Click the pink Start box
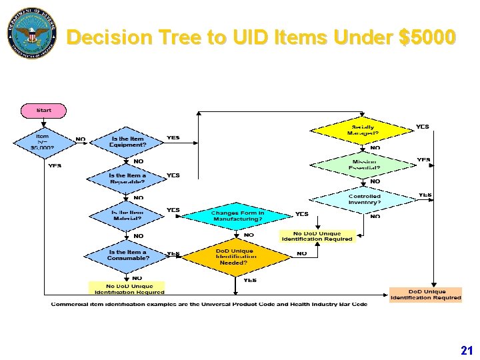tap(44, 110)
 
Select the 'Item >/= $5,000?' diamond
tap(42, 142)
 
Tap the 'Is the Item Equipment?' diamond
tap(127, 142)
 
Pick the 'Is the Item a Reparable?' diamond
tap(127, 179)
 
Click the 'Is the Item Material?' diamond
tap(127, 215)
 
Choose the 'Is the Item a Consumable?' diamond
tap(127, 255)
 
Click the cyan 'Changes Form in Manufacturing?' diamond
tap(237, 215)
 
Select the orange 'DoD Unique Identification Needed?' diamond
tap(236, 257)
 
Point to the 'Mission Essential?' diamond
tap(363, 165)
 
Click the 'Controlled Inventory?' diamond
tap(364, 199)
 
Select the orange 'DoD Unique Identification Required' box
tap(426, 295)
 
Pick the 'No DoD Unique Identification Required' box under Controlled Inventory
tap(317, 236)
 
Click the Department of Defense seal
tap(32, 33)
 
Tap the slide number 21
tap(466, 350)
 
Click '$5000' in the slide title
tap(426, 37)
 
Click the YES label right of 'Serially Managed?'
tap(423, 126)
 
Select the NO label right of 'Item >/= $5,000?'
tap(81, 139)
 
